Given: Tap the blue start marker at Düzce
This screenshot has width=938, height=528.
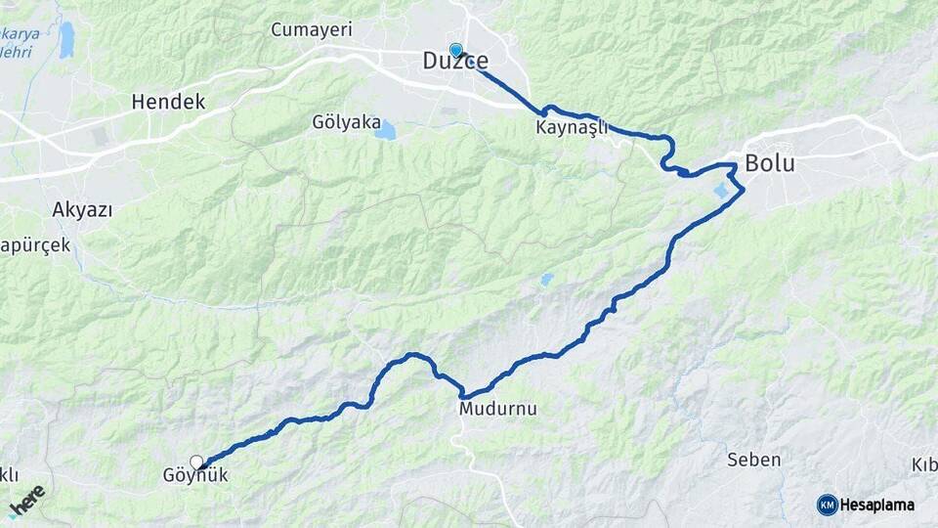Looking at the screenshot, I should pos(455,50).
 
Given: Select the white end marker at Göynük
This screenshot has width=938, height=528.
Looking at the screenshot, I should pos(196,462).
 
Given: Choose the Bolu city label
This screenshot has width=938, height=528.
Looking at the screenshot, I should pos(770,164).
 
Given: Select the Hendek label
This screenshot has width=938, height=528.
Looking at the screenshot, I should pos(168,102).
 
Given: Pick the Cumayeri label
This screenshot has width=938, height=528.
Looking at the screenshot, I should pos(312,30).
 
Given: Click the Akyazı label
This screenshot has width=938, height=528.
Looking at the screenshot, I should pos(82,210).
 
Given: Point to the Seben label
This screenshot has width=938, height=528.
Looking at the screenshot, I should pos(754,459).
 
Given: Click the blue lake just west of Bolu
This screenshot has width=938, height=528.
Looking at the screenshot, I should pos(724,191).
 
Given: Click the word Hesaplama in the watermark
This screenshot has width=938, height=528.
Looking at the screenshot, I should pos(877,505).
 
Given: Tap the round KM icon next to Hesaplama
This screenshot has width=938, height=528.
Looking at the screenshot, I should pos(828,505).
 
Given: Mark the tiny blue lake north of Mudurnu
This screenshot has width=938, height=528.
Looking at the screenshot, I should pos(545,280).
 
